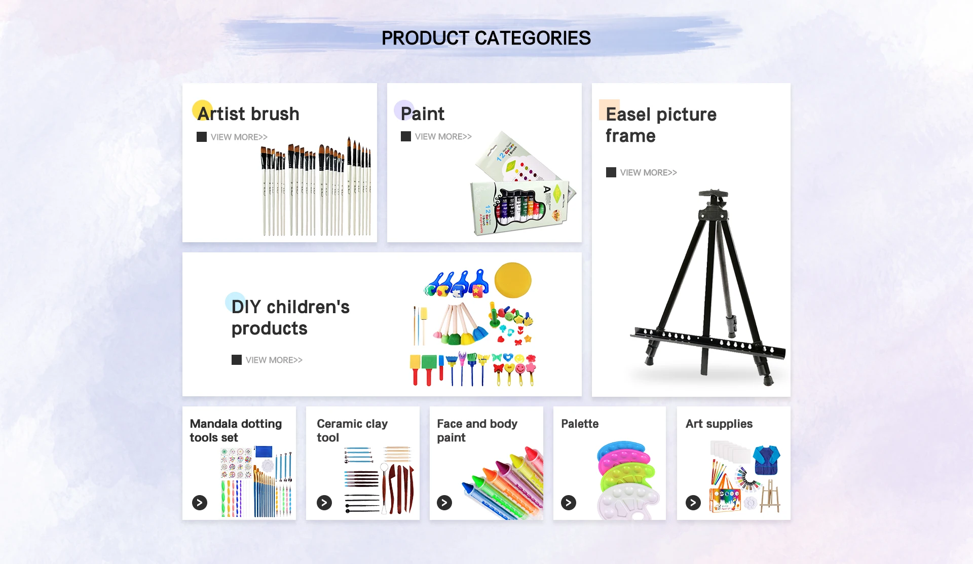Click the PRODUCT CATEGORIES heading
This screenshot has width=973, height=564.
pyautogui.click(x=486, y=38)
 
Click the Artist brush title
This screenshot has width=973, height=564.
pyautogui.click(x=248, y=114)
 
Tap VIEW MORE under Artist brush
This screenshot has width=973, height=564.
pyautogui.click(x=239, y=137)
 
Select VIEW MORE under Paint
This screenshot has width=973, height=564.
pyautogui.click(x=443, y=136)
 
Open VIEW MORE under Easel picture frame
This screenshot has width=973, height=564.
pyautogui.click(x=648, y=172)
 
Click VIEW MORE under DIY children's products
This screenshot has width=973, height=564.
pyautogui.click(x=274, y=360)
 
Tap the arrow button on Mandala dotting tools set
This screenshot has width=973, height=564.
pyautogui.click(x=200, y=502)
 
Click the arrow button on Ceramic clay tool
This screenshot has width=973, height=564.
pyautogui.click(x=324, y=502)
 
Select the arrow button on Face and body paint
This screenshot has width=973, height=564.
pyautogui.click(x=444, y=502)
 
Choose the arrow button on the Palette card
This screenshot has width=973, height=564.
pyautogui.click(x=569, y=502)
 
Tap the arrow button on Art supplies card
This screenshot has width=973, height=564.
pyautogui.click(x=693, y=502)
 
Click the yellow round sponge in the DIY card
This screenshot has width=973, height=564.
pyautogui.click(x=513, y=280)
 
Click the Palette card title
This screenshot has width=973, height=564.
pyautogui.click(x=580, y=424)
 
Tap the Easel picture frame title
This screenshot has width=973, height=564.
pyautogui.click(x=661, y=125)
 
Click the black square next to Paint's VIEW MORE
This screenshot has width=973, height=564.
pyautogui.click(x=406, y=136)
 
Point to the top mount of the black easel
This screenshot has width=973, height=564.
pyautogui.click(x=714, y=195)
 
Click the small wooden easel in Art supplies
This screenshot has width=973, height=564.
pyautogui.click(x=770, y=497)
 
